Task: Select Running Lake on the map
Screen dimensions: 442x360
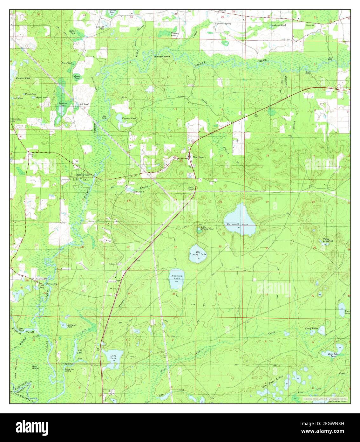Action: [x=176, y=280]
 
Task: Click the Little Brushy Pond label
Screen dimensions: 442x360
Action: [x=207, y=228]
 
